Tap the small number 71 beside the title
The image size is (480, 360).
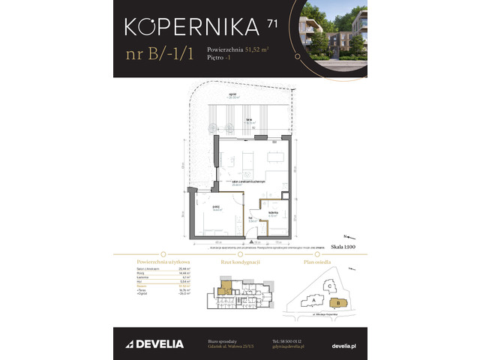271,24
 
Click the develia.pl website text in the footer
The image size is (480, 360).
344,344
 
